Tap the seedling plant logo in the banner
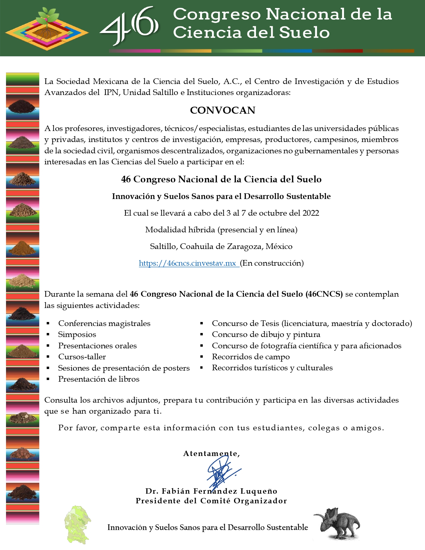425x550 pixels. [x=48, y=28]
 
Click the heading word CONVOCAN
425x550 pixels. [x=222, y=110]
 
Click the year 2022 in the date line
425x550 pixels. [x=311, y=213]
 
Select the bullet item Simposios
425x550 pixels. [x=77, y=335]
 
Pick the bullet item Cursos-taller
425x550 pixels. [x=82, y=357]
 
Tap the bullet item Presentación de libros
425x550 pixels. [x=99, y=379]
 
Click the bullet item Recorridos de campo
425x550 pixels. [x=251, y=357]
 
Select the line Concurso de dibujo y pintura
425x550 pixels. [x=266, y=335]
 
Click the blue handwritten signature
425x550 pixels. [x=221, y=471]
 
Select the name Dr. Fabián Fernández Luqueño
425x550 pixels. [x=211, y=491]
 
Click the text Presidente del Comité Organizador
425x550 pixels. [x=211, y=501]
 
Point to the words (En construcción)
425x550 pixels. [x=272, y=263]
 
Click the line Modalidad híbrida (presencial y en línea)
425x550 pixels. [x=221, y=230]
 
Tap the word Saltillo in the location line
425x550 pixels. [x=164, y=247]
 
